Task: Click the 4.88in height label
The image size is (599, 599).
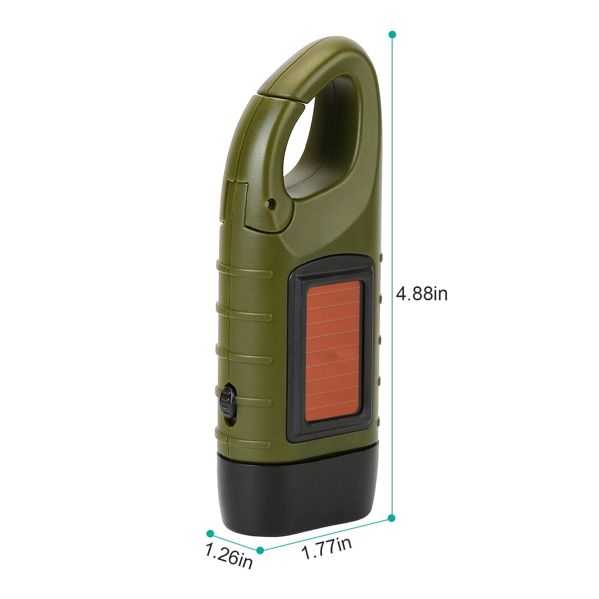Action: coord(422,294)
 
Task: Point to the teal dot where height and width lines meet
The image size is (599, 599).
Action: coord(392,518)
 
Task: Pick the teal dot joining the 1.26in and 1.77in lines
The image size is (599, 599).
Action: coord(260,550)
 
